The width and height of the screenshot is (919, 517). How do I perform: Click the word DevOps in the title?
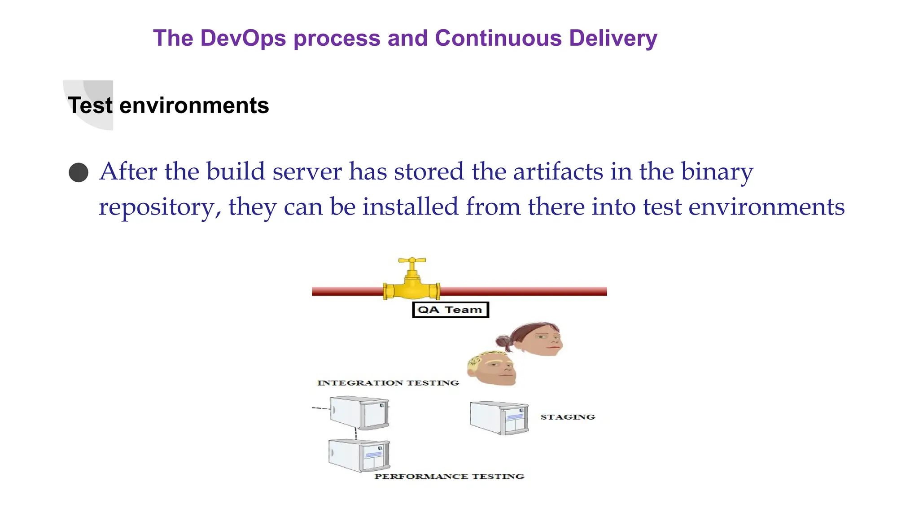pyautogui.click(x=243, y=38)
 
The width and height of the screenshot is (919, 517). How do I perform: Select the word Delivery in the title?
pyautogui.click(x=613, y=38)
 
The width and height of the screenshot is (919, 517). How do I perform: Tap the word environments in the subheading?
pyautogui.click(x=194, y=105)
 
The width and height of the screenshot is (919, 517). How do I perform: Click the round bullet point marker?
pyautogui.click(x=79, y=172)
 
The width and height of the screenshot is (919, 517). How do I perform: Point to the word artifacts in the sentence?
pyautogui.click(x=558, y=171)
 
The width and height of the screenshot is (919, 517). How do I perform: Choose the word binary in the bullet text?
pyautogui.click(x=717, y=171)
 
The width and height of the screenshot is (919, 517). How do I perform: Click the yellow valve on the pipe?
pyautogui.click(x=411, y=287)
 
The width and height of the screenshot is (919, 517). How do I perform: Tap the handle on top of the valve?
pyautogui.click(x=412, y=260)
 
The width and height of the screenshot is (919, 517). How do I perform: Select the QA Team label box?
pyautogui.click(x=450, y=310)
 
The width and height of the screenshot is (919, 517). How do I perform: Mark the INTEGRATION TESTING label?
pyautogui.click(x=388, y=383)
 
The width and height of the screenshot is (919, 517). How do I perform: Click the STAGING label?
pyautogui.click(x=568, y=417)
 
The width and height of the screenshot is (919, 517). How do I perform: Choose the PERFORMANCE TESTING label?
pyautogui.click(x=449, y=476)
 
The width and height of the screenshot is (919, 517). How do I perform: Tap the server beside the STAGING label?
pyautogui.click(x=499, y=418)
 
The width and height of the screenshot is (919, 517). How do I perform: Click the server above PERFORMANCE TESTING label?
pyautogui.click(x=359, y=455)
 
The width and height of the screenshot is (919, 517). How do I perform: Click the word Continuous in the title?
pyautogui.click(x=498, y=38)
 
